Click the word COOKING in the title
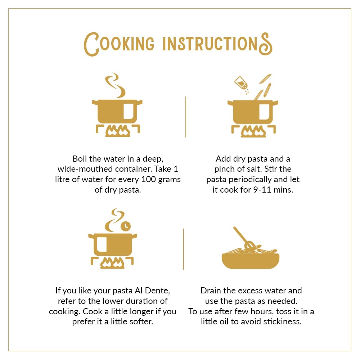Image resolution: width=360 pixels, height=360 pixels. click(119, 44)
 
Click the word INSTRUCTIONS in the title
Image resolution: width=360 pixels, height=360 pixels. click(217, 44)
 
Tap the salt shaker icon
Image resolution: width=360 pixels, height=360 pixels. click(241, 83)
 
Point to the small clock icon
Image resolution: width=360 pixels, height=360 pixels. click(126, 226)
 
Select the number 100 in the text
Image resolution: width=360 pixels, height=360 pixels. click(149, 179)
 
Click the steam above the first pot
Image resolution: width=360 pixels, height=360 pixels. click(116, 85)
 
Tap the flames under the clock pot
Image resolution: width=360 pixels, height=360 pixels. click(112, 263)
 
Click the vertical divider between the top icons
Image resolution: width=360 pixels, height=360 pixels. click(185, 117)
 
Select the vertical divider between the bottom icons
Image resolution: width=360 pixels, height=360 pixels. click(184, 249)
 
